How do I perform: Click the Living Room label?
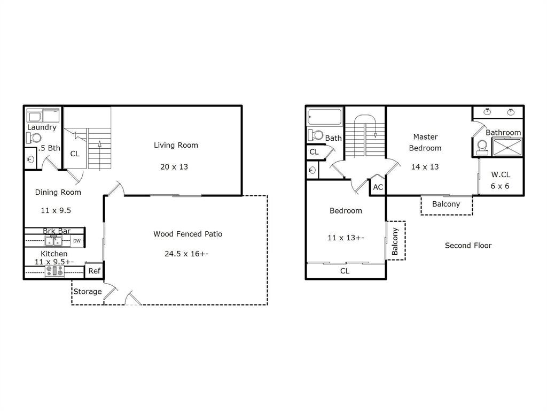pos(176,145)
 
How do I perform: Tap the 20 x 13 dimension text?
pos(174,167)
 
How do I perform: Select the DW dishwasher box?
pos(77,241)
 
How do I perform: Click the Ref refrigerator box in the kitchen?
pos(94,270)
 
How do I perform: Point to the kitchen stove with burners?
pos(54,271)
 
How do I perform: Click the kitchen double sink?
pos(53,241)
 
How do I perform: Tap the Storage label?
pos(88,292)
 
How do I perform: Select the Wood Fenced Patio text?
pos(187,234)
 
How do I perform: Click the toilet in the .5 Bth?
pos(34,138)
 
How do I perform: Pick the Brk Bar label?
pos(57,231)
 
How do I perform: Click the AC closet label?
pos(378,187)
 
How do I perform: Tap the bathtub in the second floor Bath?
pos(325,117)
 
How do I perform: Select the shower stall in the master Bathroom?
pos(507,147)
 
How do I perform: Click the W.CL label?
pos(501,174)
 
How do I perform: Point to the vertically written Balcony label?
pos(395,241)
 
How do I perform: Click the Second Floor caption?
pos(468,245)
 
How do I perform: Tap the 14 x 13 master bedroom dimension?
pos(425,167)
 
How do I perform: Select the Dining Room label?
pos(58,192)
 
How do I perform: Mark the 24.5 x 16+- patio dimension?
pos(186,254)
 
